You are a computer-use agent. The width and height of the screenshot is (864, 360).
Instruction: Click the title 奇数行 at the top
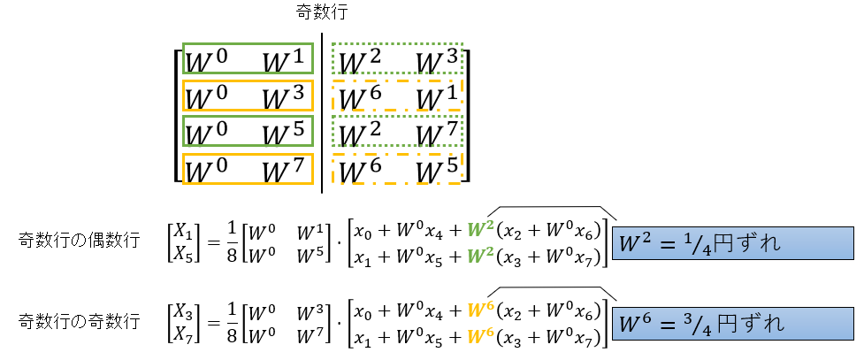click(x=323, y=14)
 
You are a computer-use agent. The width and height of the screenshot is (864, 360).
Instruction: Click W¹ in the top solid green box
click(x=283, y=61)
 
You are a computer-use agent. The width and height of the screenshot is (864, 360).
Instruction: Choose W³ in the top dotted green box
click(x=437, y=61)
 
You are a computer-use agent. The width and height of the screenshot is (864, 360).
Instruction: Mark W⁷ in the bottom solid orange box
click(x=283, y=168)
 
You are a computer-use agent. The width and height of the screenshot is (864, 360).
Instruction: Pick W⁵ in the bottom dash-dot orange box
click(x=437, y=168)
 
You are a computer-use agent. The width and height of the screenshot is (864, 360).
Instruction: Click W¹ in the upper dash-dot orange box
click(x=437, y=96)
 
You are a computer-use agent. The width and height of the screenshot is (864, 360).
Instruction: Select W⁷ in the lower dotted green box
click(x=437, y=133)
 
